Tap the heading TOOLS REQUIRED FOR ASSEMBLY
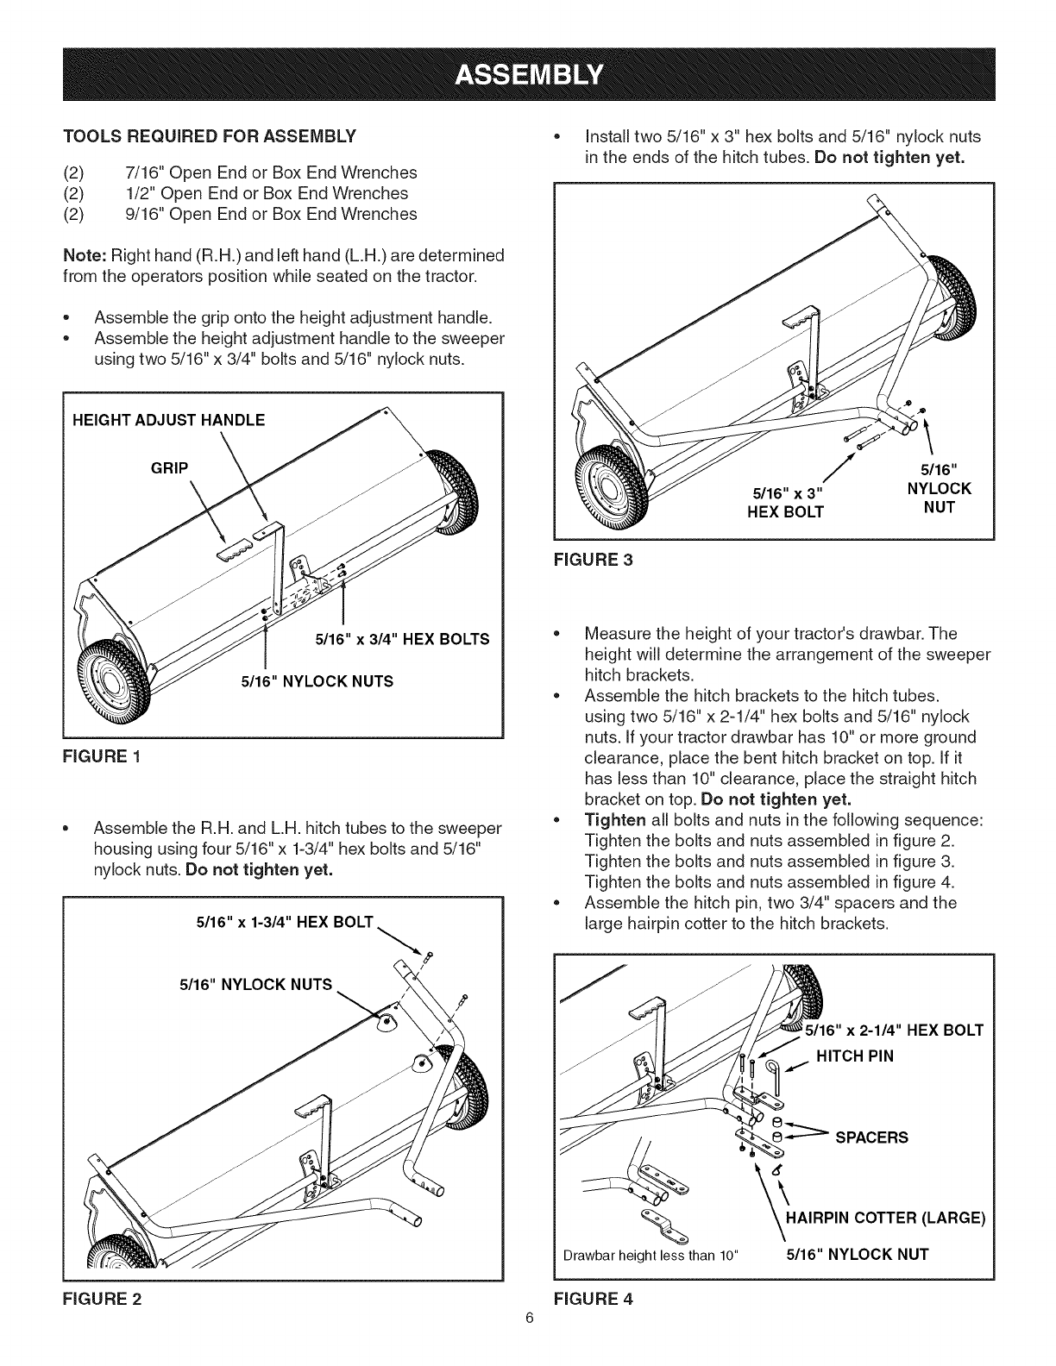(x=209, y=136)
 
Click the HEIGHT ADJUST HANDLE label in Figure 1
(x=168, y=420)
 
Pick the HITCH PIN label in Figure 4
(x=855, y=1056)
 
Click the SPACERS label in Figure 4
(x=871, y=1137)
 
